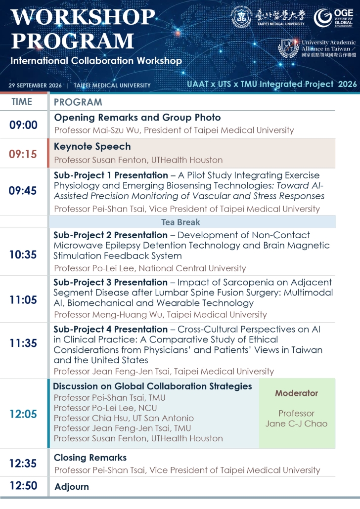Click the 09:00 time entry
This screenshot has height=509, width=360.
point(23,125)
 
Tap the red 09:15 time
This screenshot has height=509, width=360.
point(23,154)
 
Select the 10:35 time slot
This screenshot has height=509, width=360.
point(23,254)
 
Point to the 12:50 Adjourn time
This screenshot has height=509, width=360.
point(23,486)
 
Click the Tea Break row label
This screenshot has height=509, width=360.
point(180,222)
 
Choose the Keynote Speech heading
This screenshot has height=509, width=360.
point(92,147)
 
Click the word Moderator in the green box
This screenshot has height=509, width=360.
point(297,393)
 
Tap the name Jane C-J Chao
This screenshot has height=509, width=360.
point(297,424)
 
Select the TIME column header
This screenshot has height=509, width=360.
point(22,102)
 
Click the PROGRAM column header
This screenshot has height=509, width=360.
point(78,102)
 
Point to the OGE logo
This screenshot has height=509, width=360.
point(333,17)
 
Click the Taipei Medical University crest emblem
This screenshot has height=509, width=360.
point(241,17)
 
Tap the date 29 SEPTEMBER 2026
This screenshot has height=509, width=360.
point(35,85)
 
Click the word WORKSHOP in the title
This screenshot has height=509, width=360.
point(83,17)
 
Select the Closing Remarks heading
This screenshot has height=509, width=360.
point(90,458)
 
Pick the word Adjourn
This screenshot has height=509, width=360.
point(72,487)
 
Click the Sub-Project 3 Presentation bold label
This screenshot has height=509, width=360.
point(110,282)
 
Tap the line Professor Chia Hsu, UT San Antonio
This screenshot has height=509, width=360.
point(124,418)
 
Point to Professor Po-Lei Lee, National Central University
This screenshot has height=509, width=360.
point(150,268)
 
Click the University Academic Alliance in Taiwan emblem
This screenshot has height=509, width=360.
point(288,48)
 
